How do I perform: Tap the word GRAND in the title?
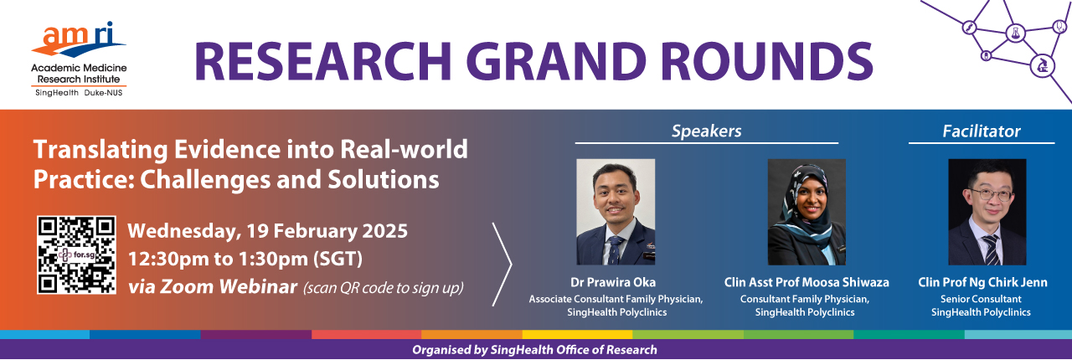click(x=556, y=61)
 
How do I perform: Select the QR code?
click(x=76, y=255)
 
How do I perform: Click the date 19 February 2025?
click(x=327, y=231)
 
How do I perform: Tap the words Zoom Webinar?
click(x=229, y=287)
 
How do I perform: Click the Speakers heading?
click(x=706, y=131)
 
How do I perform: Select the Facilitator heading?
click(x=981, y=131)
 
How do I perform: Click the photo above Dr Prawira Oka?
click(x=616, y=212)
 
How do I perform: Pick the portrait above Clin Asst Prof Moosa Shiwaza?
click(x=807, y=212)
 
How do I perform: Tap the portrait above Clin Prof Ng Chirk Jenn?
click(x=987, y=212)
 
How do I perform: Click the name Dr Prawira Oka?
click(x=613, y=282)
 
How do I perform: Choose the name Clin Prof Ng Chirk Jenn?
click(x=982, y=282)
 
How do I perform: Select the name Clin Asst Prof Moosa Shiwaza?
click(x=807, y=282)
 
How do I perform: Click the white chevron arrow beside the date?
click(x=511, y=265)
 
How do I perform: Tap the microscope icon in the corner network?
click(x=1043, y=65)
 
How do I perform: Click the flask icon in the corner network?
click(x=1016, y=33)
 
